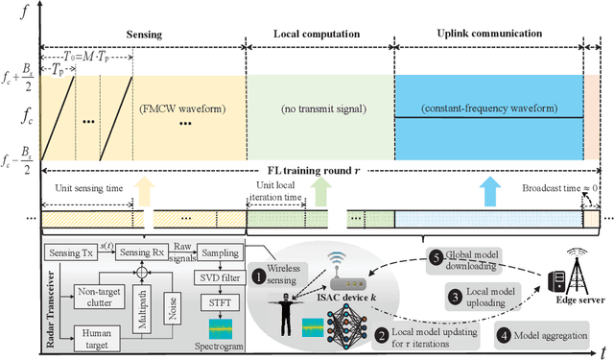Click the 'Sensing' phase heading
click(x=143, y=33)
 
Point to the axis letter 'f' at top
click(x=17, y=13)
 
